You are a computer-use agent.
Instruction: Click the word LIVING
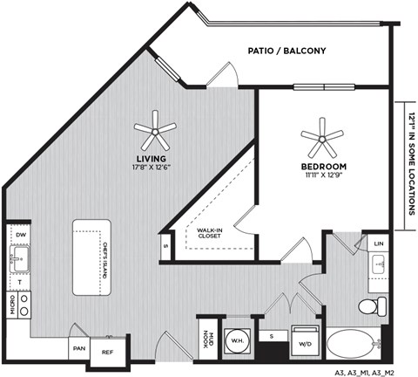point(151,159)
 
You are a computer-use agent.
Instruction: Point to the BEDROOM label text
point(324,166)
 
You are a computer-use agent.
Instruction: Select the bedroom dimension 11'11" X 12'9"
point(324,175)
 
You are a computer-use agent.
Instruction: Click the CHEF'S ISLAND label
point(104,258)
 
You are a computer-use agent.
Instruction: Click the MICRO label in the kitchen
point(10,304)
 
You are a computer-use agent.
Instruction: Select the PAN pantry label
point(79,346)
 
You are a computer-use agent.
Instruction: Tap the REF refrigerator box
point(108,351)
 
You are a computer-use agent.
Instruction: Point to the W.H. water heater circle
point(237,339)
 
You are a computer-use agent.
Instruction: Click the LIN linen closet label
point(379,243)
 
